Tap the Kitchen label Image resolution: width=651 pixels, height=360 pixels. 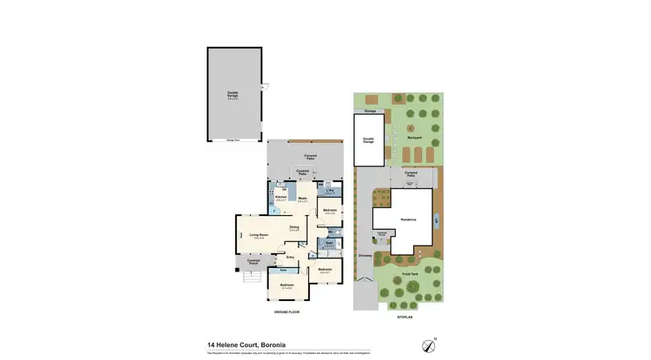(280, 199)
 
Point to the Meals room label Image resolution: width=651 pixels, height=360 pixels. (303, 199)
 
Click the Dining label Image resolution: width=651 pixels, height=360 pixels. (294, 228)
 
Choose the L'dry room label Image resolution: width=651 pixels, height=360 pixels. (330, 190)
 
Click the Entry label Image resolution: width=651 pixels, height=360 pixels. (290, 257)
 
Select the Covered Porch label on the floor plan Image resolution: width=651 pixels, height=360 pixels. (254, 261)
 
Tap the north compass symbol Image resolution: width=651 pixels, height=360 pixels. (429, 344)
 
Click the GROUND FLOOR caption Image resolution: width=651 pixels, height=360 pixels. (286, 311)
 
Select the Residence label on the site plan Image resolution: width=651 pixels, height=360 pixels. (408, 219)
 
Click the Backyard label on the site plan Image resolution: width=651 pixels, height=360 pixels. (414, 138)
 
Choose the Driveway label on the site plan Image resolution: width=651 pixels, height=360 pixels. (365, 256)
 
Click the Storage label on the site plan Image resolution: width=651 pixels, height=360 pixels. (370, 112)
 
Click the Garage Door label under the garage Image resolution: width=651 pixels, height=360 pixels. (233, 141)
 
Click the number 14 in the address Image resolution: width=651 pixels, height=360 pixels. (211, 343)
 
